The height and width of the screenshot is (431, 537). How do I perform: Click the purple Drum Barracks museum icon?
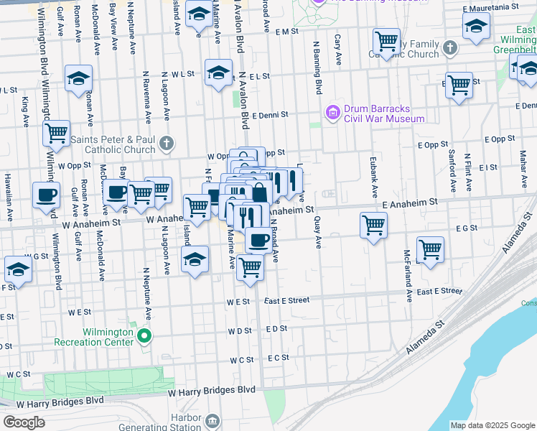(x=332, y=113)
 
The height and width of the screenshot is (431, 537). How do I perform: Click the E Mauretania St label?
(x=491, y=7)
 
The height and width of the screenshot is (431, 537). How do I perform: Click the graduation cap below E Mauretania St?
(x=475, y=28)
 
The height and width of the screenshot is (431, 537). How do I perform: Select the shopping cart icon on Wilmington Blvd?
(x=55, y=134)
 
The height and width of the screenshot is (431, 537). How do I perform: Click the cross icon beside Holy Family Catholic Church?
(x=449, y=48)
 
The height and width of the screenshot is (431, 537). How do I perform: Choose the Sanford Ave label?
(x=452, y=171)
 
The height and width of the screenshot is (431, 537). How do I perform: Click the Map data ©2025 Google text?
(x=493, y=425)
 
